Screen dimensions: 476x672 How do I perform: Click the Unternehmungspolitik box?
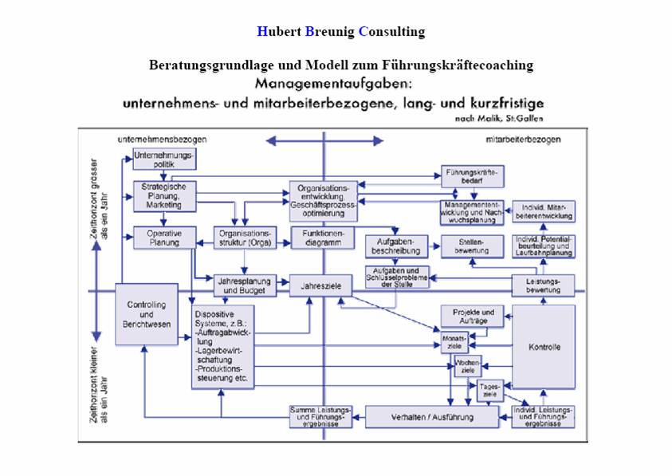point(163,159)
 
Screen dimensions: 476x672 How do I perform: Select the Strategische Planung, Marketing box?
point(163,195)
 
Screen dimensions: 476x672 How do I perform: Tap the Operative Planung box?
point(163,238)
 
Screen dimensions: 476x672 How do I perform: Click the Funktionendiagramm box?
point(322,238)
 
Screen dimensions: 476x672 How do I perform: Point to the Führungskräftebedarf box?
point(473,175)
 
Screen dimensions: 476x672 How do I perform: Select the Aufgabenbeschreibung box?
point(397,246)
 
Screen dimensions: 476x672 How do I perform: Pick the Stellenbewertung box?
point(470,246)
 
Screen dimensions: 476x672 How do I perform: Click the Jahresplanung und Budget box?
point(245,285)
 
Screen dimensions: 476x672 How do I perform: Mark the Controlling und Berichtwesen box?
point(147,313)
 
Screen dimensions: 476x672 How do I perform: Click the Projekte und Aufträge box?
point(473,316)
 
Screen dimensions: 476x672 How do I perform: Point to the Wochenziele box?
point(468,367)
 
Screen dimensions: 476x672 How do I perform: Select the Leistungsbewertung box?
point(543,285)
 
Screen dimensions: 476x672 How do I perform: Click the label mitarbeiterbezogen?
point(523,140)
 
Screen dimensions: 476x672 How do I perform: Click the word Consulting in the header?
point(391,32)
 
